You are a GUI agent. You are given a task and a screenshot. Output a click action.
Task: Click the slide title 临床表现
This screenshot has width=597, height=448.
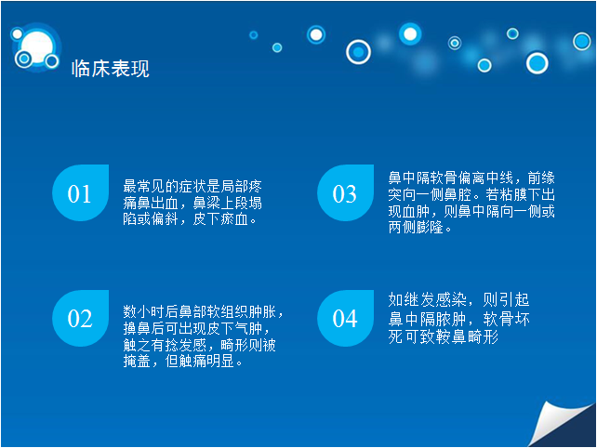coord(111,69)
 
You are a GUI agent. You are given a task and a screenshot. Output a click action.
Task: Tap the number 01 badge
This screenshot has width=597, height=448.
coord(80,192)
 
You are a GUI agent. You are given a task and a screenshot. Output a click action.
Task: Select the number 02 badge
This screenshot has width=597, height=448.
coord(80,318)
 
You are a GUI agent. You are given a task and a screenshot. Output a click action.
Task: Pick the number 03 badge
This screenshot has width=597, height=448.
coord(345,192)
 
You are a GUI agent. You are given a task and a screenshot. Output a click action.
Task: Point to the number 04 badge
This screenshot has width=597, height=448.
coord(345,318)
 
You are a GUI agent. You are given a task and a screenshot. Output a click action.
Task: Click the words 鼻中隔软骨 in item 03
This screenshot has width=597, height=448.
coord(422,178)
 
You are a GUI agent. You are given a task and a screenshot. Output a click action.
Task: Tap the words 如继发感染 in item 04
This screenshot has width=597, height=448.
coord(427,300)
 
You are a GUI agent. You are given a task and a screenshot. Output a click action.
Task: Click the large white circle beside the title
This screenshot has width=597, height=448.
coord(37,47)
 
